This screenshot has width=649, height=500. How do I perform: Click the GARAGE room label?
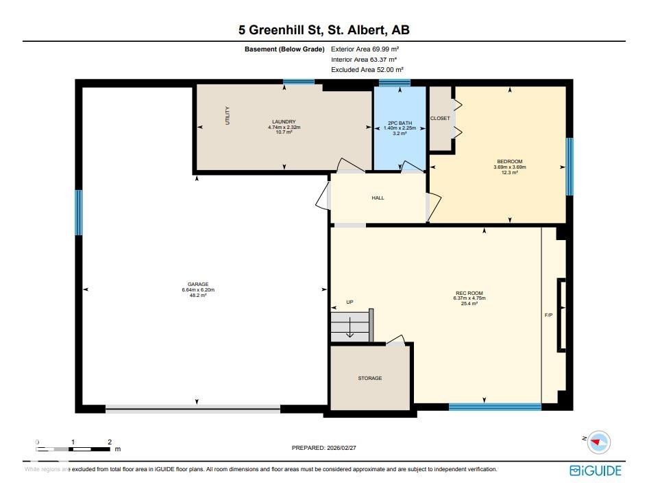198,284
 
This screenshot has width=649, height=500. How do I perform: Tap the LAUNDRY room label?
284,122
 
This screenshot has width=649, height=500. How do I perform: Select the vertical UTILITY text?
228,116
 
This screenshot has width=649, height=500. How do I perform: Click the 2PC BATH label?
400,123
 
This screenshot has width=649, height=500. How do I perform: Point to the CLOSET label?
440,119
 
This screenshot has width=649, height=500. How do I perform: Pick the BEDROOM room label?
509,162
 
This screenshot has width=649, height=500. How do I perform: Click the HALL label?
378,198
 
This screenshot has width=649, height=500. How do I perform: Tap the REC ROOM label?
469,293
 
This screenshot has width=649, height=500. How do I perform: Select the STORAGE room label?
370,378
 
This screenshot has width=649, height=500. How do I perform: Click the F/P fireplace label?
548,316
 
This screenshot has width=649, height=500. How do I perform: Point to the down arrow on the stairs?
350,327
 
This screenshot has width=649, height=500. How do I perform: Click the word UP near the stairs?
350,302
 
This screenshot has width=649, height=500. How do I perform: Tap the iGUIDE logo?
595,471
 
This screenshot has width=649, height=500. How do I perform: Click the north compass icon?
598,442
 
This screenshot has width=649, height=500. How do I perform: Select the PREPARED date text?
324,448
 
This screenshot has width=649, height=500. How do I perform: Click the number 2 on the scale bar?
110,442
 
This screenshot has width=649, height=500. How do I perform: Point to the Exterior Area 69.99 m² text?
365,49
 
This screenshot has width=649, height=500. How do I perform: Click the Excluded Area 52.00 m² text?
367,69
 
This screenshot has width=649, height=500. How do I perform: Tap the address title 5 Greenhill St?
280,29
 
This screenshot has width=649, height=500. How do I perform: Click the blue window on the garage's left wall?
79,213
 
